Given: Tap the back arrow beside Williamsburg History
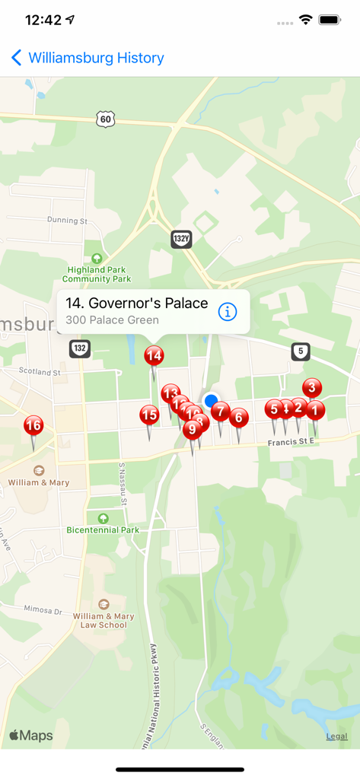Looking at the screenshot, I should click(17, 58).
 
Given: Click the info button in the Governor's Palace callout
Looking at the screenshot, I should click(228, 311).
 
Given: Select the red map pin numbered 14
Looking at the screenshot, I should click(154, 355).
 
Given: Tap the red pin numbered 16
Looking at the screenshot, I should click(33, 425).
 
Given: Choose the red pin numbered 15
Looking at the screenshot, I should click(149, 415).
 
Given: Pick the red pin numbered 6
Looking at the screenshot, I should click(239, 418).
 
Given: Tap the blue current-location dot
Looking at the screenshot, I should click(211, 400).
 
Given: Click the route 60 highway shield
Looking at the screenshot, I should click(106, 118).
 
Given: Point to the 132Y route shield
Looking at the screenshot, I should click(181, 239).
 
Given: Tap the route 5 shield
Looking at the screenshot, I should click(301, 351).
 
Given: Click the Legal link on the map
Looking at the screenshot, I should click(337, 736).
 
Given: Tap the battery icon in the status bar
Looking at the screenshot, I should click(330, 20).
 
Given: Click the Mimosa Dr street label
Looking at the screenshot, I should click(42, 610).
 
